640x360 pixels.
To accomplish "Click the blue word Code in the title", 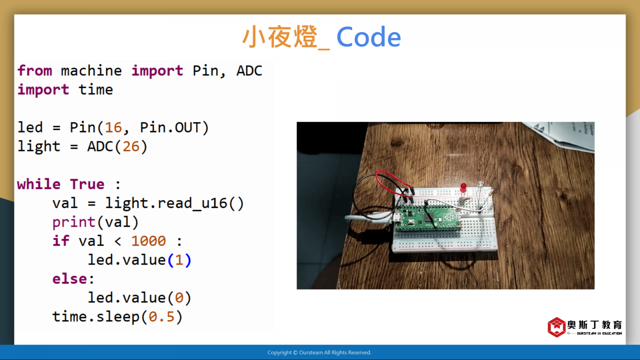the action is click(x=368, y=37).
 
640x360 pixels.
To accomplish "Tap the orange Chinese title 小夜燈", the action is click(x=280, y=37).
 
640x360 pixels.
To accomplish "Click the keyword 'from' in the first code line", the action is click(x=35, y=70).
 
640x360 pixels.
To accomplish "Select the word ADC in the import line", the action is click(x=249, y=70).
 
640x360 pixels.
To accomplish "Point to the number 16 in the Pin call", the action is click(x=114, y=128).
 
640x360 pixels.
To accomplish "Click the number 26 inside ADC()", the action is click(x=131, y=146).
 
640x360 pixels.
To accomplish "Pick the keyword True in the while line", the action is click(x=87, y=184).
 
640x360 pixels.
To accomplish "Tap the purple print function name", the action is click(x=74, y=222).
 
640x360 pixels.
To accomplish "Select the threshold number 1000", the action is click(x=148, y=241).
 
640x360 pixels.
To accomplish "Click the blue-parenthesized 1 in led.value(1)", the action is click(x=179, y=260).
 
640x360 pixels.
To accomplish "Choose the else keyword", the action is click(x=70, y=279).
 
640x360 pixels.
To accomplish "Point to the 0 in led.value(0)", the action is click(x=179, y=298).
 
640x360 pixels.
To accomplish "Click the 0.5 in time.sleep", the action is click(x=162, y=317).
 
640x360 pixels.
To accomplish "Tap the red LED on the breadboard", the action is click(x=463, y=188).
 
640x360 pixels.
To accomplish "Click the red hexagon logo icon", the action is click(x=556, y=327).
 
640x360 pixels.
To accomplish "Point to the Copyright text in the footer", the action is click(x=320, y=352).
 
